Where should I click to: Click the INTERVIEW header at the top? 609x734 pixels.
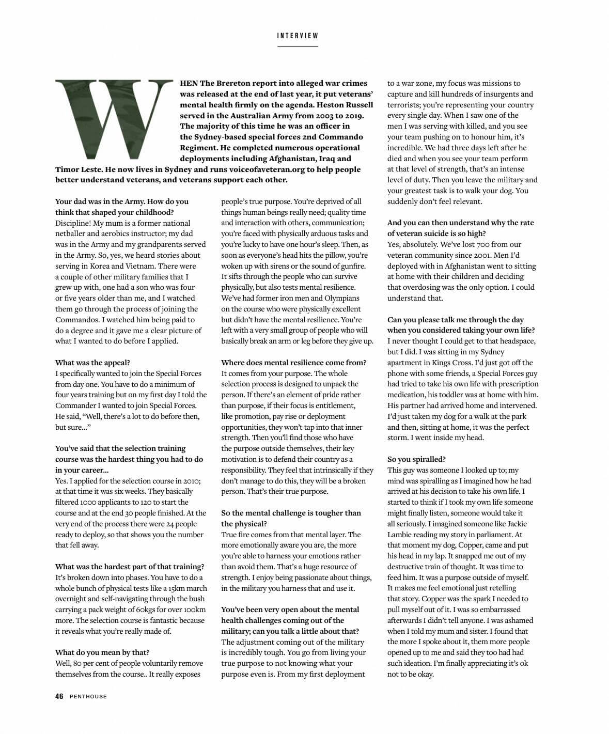point(298,36)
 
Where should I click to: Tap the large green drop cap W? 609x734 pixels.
point(114,119)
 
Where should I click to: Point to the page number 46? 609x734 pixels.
point(59,696)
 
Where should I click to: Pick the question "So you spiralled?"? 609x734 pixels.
point(416,459)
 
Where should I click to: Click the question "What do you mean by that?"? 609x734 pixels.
point(102,652)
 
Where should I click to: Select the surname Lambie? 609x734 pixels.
point(401,535)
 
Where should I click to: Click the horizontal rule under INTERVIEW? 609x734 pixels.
point(298,46)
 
